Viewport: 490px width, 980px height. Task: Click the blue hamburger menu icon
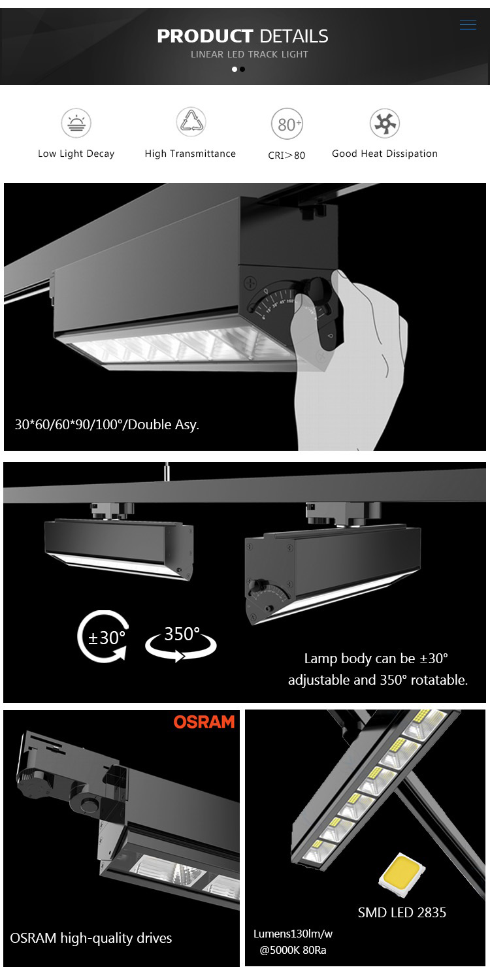coord(468,25)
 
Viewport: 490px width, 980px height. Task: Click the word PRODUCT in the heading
coord(204,37)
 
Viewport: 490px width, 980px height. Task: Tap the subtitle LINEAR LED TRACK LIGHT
coord(250,54)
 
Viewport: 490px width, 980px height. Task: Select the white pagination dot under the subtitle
coord(235,69)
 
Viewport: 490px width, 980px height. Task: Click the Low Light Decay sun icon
coord(76,123)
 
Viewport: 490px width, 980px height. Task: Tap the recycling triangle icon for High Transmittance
coord(191,122)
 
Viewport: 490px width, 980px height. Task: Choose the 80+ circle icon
coord(287,124)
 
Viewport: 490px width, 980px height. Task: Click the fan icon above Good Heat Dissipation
coord(385,123)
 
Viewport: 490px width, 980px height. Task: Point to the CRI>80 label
coord(287,155)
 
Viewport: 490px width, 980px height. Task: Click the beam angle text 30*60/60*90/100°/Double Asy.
coord(107,425)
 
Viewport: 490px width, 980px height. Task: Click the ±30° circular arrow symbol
coord(104,636)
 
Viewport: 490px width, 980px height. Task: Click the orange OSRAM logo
coord(204,722)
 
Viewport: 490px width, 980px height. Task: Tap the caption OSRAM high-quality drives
coord(91,938)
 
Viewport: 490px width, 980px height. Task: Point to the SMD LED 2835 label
coord(402,912)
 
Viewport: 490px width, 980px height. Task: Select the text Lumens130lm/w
coord(293,934)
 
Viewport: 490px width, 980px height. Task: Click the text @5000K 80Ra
coord(293,950)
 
